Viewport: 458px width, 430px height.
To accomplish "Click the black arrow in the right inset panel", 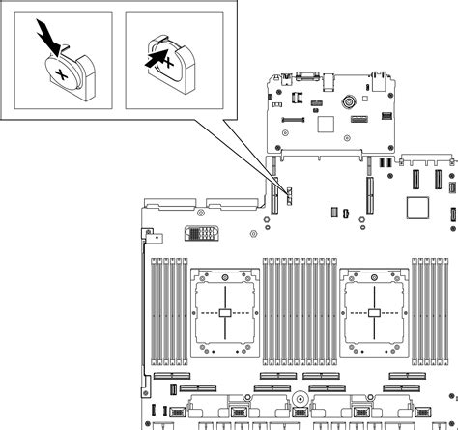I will (152, 58).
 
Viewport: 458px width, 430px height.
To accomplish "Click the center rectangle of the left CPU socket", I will (224, 313).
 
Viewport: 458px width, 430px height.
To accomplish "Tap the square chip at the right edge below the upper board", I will (418, 207).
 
